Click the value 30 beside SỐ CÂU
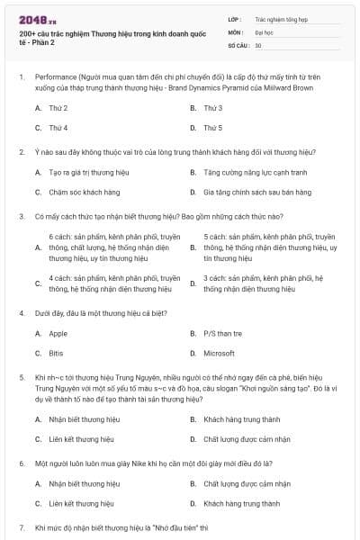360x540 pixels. (258, 44)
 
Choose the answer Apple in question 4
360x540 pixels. (58, 333)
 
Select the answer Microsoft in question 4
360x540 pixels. (219, 353)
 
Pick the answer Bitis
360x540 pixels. (56, 353)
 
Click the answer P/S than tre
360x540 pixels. (222, 333)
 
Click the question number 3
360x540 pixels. (21, 216)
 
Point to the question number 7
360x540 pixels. (21, 526)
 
